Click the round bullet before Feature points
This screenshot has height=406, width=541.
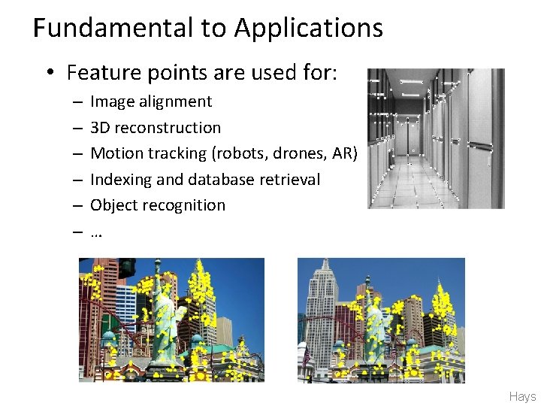tap(50, 74)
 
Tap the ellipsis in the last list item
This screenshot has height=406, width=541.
tap(95, 232)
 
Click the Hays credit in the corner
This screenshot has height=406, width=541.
tap(522, 396)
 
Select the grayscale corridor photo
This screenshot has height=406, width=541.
tap(436, 138)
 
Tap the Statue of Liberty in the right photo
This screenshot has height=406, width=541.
tap(376, 320)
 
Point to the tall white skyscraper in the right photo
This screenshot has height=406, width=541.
tap(319, 301)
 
